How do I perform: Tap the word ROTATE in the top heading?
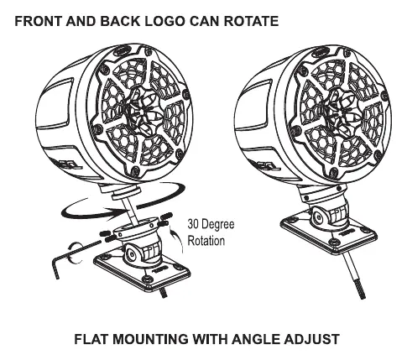click(251, 22)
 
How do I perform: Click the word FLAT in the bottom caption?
click(91, 339)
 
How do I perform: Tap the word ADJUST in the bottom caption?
click(310, 339)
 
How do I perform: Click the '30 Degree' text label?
click(211, 224)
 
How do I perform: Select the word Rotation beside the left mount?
click(206, 241)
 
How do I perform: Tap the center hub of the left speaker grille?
click(142, 112)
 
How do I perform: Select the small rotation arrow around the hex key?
click(73, 253)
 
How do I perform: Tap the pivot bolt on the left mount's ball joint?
click(130, 253)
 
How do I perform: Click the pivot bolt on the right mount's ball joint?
click(318, 217)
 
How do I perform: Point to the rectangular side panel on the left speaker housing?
click(55, 104)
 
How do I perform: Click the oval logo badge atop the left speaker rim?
click(123, 50)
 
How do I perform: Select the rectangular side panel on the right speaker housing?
click(253, 105)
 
